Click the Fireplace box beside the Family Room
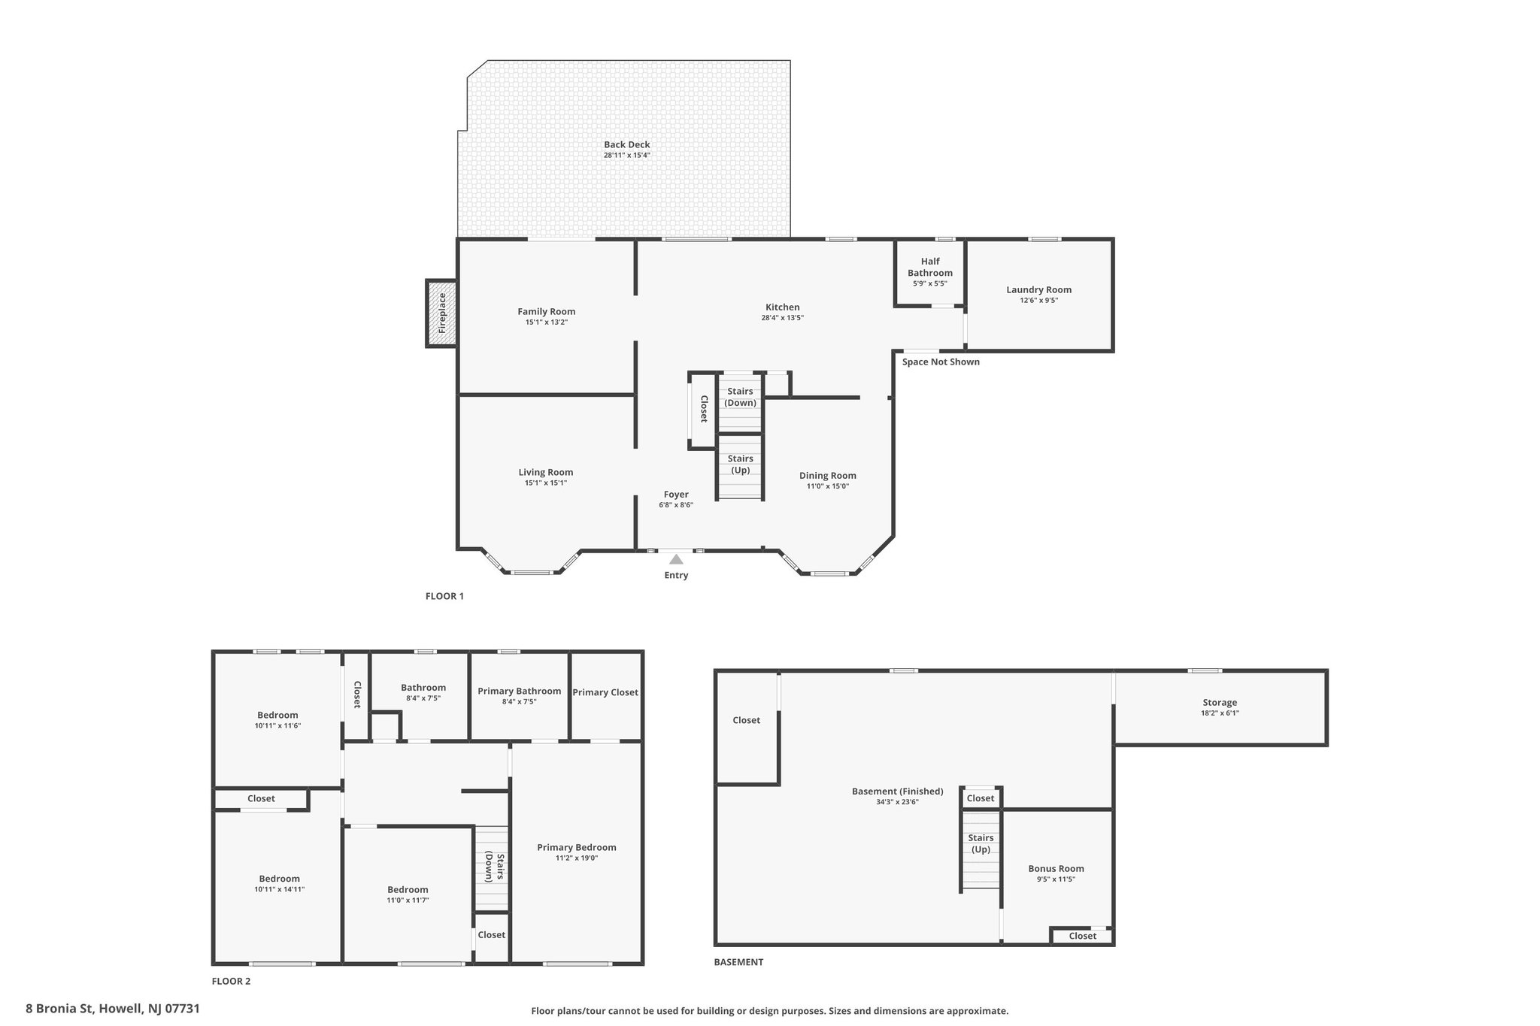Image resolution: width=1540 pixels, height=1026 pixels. pyautogui.click(x=441, y=313)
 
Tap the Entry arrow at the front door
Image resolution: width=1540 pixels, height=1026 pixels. pyautogui.click(x=676, y=559)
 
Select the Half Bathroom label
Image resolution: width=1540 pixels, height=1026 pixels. pyautogui.click(x=929, y=267)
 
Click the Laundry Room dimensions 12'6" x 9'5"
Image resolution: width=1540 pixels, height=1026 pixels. pyautogui.click(x=1038, y=301)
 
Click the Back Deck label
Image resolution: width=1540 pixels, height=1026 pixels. pyautogui.click(x=626, y=145)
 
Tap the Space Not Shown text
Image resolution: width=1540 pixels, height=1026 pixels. pyautogui.click(x=941, y=362)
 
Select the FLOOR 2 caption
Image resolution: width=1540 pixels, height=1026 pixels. pyautogui.click(x=231, y=981)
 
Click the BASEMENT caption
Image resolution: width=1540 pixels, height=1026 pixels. pyautogui.click(x=738, y=962)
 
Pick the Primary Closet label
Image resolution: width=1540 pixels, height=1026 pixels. pyautogui.click(x=605, y=692)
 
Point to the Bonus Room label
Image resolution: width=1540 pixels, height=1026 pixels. pyautogui.click(x=1056, y=868)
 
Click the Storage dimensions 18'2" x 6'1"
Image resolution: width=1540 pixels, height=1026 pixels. pyautogui.click(x=1220, y=713)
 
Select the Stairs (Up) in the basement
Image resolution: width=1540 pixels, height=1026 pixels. pyautogui.click(x=981, y=849)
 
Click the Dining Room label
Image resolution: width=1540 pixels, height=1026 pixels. pyautogui.click(x=827, y=476)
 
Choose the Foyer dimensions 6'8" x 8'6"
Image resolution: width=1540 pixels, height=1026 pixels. pyautogui.click(x=676, y=505)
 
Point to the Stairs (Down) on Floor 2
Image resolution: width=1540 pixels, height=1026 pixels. pyautogui.click(x=493, y=867)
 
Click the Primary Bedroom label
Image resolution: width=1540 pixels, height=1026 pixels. pyautogui.click(x=577, y=847)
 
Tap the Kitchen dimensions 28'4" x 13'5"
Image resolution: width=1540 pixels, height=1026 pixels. pyautogui.click(x=782, y=318)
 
